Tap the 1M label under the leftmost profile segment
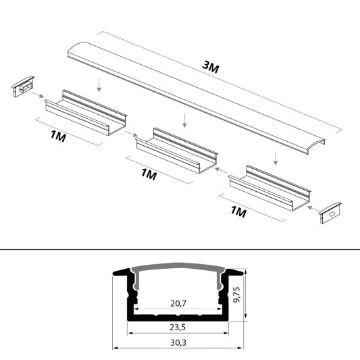(57, 137)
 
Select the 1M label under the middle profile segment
(149, 175)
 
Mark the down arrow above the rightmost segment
(276, 158)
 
